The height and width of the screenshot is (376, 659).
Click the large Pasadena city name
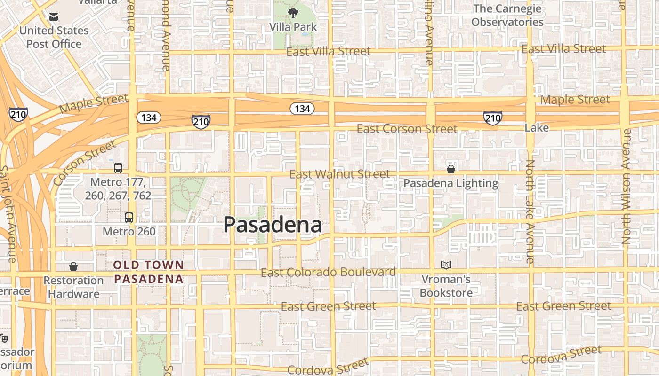click(273, 225)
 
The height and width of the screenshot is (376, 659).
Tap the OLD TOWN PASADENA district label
click(148, 272)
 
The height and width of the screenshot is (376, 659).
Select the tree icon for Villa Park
click(293, 13)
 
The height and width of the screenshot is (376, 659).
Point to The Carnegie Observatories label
click(507, 16)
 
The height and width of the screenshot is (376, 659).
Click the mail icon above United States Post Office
click(54, 17)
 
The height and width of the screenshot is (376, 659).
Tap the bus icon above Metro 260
click(129, 218)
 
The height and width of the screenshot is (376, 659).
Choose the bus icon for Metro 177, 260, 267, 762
click(118, 168)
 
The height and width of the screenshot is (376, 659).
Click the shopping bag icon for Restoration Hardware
click(73, 266)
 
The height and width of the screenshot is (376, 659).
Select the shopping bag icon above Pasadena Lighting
click(450, 169)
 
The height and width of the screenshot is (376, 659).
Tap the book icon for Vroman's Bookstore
click(446, 266)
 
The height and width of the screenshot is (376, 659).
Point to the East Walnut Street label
click(339, 174)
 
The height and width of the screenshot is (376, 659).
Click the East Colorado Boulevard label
click(328, 272)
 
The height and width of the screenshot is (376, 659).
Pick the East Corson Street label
click(407, 129)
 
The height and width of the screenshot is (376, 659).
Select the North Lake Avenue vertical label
click(530, 211)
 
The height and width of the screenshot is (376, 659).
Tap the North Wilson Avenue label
click(627, 187)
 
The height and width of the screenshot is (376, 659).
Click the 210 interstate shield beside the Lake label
click(492, 117)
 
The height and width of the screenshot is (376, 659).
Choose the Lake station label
click(537, 128)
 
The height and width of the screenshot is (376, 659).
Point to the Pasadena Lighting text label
click(450, 183)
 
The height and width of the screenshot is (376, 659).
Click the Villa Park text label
click(293, 27)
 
